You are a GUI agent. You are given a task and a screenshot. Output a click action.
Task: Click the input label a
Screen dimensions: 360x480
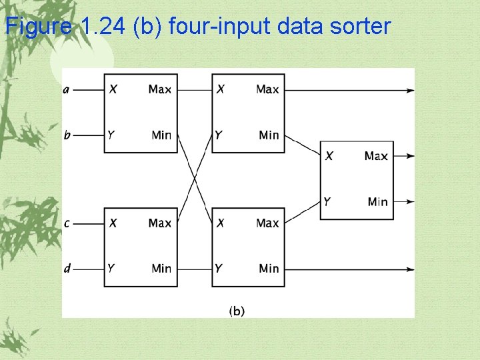(66, 89)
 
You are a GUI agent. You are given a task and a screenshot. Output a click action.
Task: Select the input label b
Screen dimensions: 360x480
(67, 135)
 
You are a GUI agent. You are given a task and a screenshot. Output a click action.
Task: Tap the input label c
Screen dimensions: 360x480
(67, 223)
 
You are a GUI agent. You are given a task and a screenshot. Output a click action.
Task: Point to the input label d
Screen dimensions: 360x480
(67, 269)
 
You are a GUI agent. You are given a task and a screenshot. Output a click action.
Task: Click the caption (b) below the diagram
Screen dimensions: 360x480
(237, 311)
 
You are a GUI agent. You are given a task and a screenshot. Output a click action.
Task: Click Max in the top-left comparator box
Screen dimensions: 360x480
(160, 89)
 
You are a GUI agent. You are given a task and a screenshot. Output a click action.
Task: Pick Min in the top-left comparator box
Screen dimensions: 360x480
(161, 135)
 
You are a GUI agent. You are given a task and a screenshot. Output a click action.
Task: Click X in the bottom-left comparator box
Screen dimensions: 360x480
(113, 223)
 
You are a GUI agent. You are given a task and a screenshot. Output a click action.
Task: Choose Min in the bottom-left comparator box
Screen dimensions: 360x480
(161, 269)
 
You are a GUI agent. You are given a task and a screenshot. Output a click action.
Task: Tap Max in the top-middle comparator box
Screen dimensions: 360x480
(267, 89)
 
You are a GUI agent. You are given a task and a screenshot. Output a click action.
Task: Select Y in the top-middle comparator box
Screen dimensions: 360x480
(219, 135)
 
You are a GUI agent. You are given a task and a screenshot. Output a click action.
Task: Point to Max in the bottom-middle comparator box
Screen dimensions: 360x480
(267, 223)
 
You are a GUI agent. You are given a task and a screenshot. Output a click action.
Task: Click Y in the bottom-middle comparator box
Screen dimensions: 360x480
(219, 269)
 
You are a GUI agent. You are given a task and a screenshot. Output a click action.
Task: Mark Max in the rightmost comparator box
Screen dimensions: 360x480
(376, 156)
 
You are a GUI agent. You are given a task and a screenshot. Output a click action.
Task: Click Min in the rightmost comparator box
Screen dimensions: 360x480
(377, 201)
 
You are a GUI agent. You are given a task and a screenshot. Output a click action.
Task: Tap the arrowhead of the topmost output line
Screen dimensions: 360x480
(410, 89)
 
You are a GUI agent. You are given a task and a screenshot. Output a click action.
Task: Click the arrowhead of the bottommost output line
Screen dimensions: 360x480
(410, 269)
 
